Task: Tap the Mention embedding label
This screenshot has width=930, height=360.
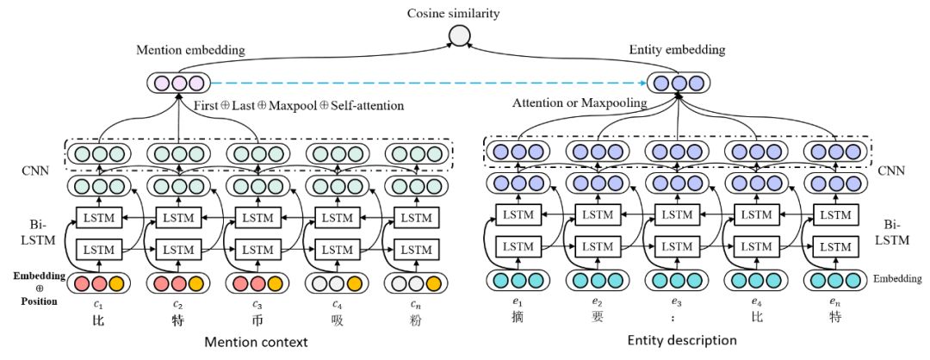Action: [190, 51]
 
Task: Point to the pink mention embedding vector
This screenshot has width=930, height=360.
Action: [177, 84]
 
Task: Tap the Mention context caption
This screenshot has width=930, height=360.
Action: [257, 342]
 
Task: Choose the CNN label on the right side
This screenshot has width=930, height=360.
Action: [890, 170]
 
